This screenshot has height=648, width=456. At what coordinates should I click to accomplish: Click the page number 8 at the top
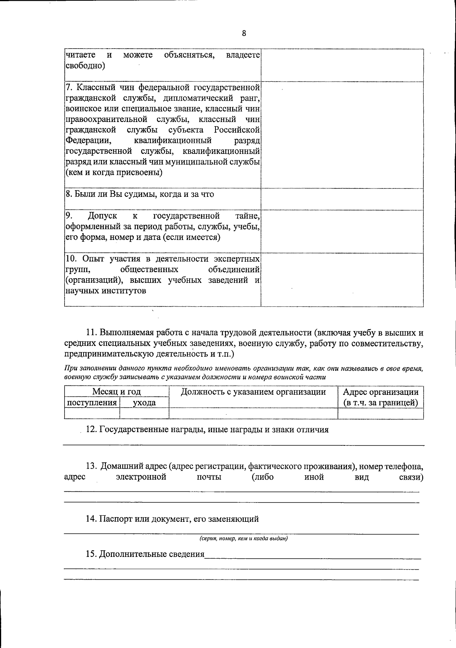[244, 33]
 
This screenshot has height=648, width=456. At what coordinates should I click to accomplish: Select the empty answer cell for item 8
[342, 199]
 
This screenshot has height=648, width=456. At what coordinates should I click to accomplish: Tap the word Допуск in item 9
[103, 216]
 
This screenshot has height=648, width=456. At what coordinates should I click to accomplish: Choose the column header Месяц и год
[116, 391]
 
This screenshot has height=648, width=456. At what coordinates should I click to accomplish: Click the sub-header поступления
[92, 402]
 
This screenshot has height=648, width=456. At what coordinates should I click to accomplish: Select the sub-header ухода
[144, 402]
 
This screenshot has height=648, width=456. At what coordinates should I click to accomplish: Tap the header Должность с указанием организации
[253, 391]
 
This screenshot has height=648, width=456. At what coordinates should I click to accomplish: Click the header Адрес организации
[381, 392]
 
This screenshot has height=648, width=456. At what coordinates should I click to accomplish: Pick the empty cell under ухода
[144, 414]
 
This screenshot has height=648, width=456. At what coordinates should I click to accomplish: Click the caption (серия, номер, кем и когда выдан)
[244, 539]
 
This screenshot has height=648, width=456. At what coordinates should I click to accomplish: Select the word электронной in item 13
[141, 477]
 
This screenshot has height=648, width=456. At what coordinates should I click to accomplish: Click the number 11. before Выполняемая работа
[92, 333]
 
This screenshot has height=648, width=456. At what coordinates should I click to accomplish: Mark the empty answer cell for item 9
[342, 231]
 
